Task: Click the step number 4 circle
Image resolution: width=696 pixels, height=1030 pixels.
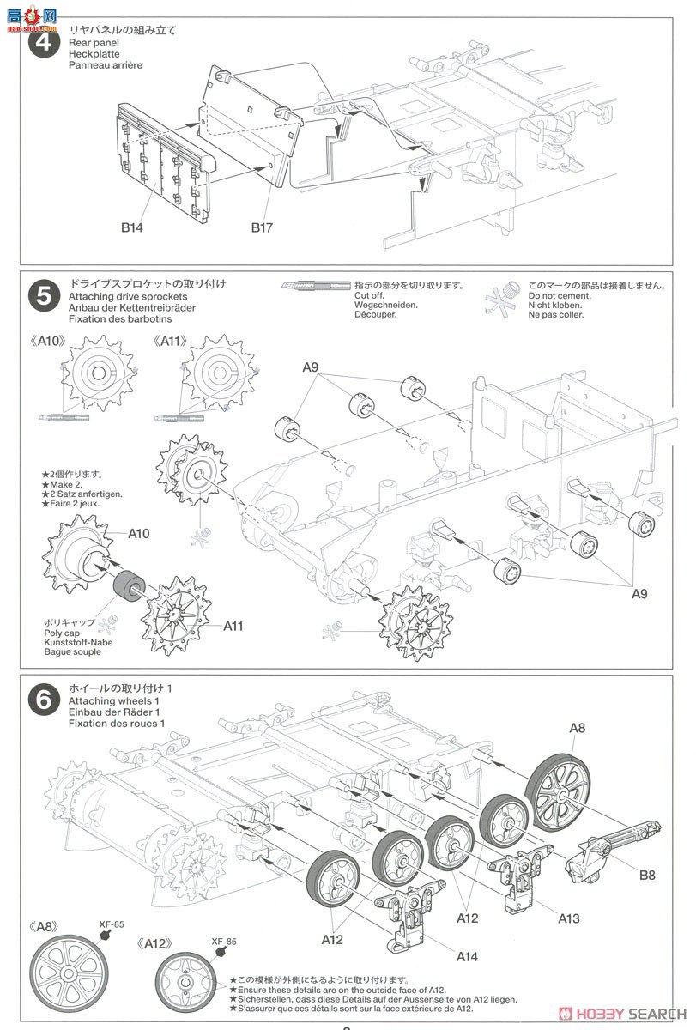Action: click(43, 42)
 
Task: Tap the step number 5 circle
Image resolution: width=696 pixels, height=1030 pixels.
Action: click(43, 296)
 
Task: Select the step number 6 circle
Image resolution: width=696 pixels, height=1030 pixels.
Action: click(43, 700)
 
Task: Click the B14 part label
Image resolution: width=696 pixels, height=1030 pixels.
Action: click(131, 228)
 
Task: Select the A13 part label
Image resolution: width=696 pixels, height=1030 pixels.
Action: click(568, 918)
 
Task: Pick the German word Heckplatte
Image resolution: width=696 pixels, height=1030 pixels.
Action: click(97, 53)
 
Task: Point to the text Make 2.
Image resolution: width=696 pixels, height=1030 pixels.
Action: click(60, 484)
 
